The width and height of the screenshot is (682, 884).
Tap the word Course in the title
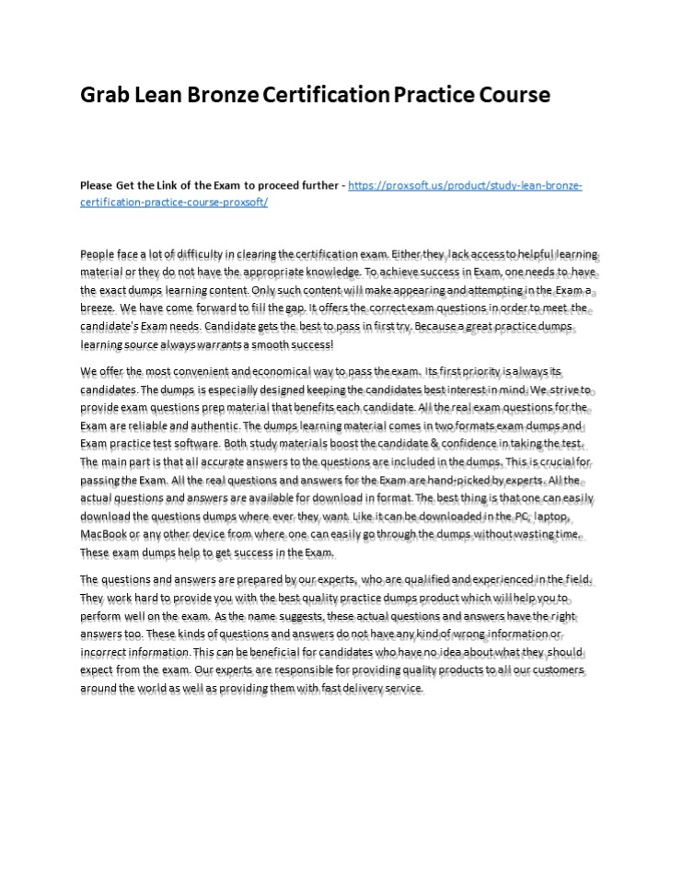pyautogui.click(x=508, y=95)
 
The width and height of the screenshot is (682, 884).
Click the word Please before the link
pyautogui.click(x=99, y=185)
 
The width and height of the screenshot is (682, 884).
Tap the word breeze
pyautogui.click(x=98, y=308)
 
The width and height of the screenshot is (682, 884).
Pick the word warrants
pyautogui.click(x=218, y=345)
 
